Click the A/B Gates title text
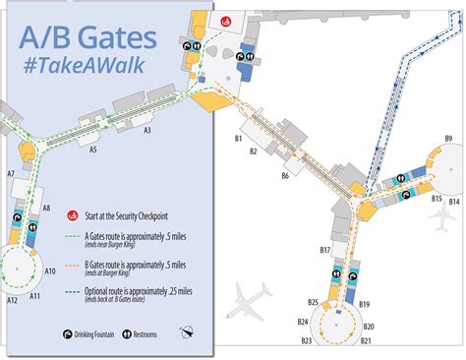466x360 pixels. coord(87,40)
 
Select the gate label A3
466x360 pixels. coord(147,130)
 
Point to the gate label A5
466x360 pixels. coord(93,150)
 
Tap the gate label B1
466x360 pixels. coord(238,140)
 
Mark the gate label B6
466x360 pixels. coord(285,176)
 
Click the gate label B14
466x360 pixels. coord(453,201)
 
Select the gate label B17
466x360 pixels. coord(324,251)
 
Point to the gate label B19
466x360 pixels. coord(364,306)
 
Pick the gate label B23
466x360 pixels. coord(307,340)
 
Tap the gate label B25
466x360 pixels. coord(313,302)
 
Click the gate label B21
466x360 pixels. coord(366,340)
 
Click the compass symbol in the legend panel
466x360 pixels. coord(188,334)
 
